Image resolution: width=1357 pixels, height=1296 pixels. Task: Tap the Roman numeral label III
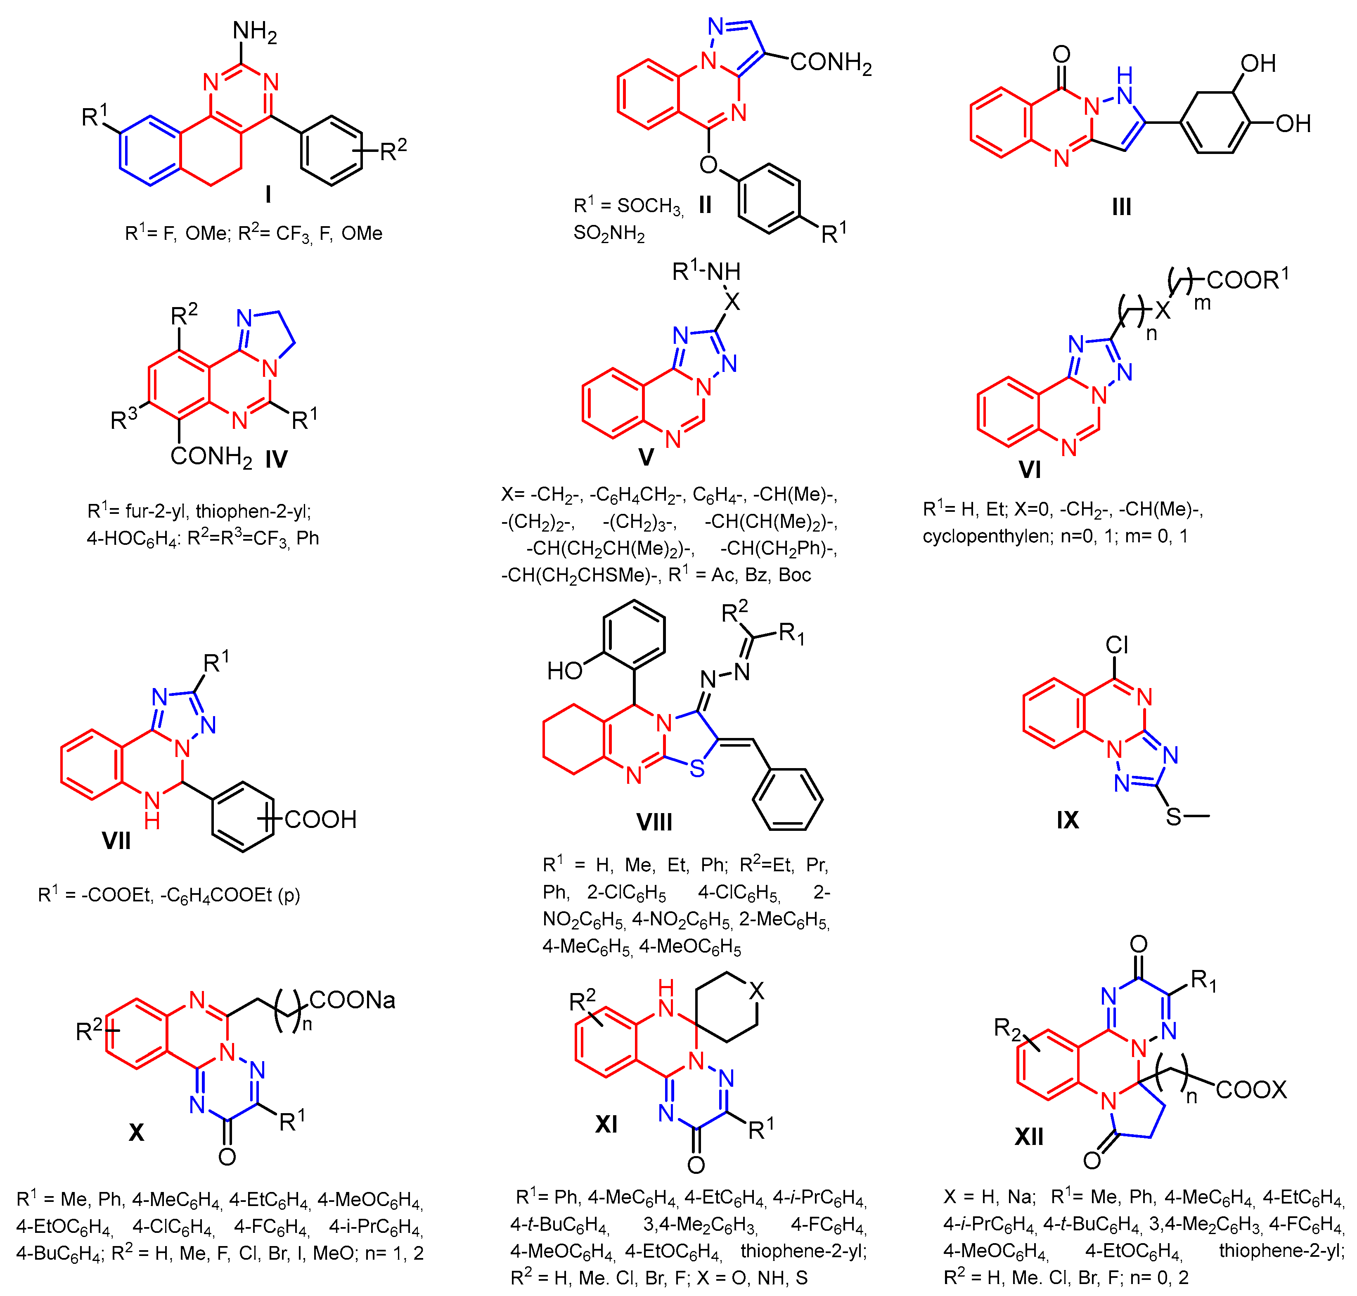point(1121,206)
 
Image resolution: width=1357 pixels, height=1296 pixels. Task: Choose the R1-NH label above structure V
point(706,272)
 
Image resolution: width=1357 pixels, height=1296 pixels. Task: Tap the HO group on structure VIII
point(564,670)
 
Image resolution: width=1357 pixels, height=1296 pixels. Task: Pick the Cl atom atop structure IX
point(1117,645)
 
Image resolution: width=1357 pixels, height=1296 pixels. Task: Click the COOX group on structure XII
point(1250,1090)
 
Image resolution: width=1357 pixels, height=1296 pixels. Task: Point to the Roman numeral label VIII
point(654,822)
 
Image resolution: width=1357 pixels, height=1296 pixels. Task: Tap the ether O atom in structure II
point(708,164)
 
